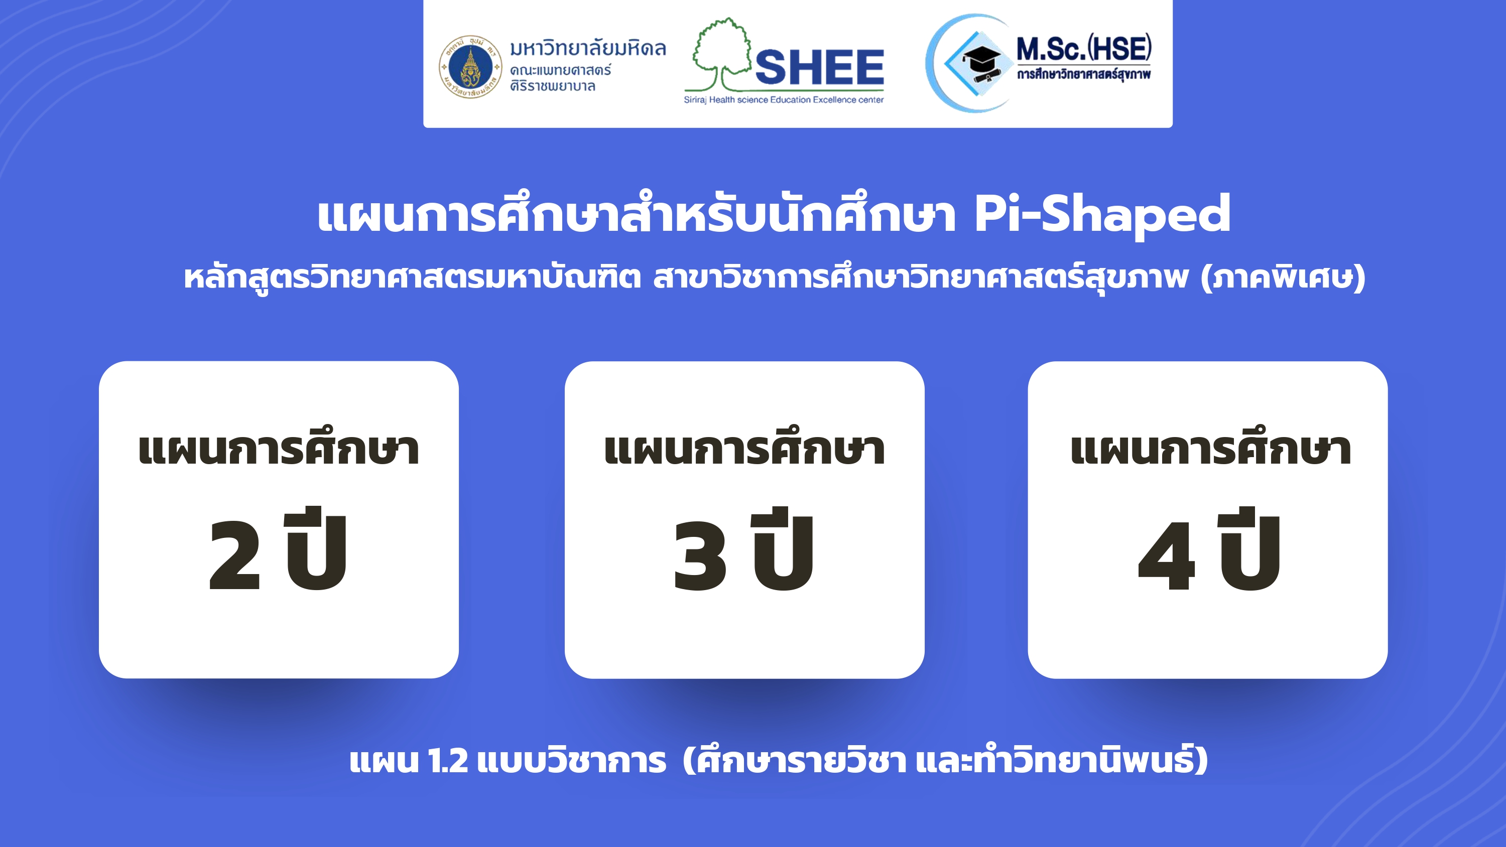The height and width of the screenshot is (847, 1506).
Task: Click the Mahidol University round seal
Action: click(x=470, y=67)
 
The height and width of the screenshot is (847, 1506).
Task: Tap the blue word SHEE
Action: click(x=820, y=67)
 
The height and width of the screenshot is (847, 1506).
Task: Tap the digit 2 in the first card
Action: click(x=234, y=555)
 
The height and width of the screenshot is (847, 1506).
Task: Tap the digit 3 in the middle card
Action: click(x=700, y=555)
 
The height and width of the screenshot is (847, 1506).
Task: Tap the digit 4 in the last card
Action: click(x=1166, y=555)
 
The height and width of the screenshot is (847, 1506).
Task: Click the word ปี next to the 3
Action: click(x=783, y=548)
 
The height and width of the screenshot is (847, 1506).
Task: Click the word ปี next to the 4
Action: click(x=1249, y=548)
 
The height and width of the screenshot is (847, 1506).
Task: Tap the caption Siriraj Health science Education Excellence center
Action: click(x=784, y=100)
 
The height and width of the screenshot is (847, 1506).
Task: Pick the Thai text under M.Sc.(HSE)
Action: click(x=1083, y=74)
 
